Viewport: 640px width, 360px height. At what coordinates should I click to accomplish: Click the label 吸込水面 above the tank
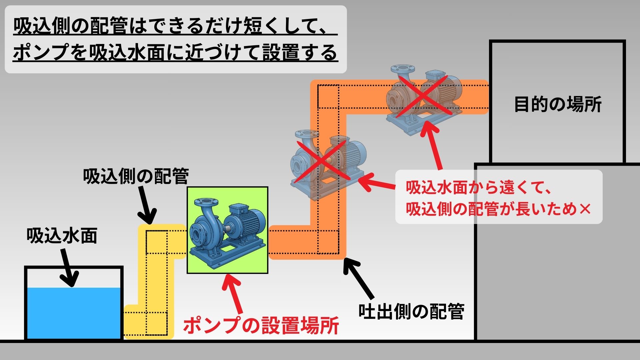62,236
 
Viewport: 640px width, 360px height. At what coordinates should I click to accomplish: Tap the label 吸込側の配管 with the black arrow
136,176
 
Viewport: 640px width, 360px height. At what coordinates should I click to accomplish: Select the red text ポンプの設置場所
261,325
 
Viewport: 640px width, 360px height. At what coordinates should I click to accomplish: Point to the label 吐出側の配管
411,312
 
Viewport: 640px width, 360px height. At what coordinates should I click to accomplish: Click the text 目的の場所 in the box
558,104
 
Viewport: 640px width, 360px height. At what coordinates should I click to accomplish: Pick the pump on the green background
227,230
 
